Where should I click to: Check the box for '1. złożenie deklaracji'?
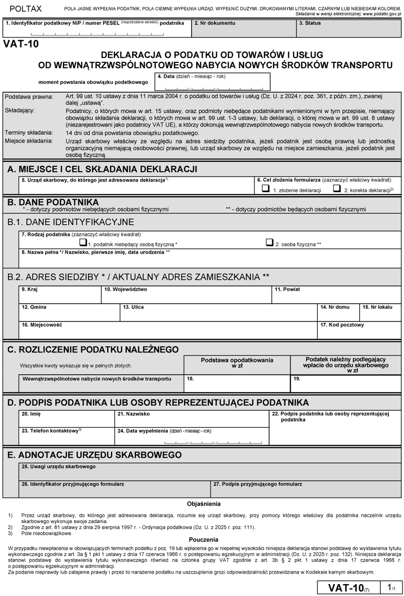coord(266,189)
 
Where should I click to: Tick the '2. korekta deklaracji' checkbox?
coord(337,189)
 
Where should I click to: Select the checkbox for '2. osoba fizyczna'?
coord(269,243)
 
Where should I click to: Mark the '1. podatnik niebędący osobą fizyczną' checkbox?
coord(83,243)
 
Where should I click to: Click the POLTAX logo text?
coord(25,9)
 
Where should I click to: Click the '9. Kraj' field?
coord(59,297)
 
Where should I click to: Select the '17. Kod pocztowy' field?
coord(359,332)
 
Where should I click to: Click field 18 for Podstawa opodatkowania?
coord(236,384)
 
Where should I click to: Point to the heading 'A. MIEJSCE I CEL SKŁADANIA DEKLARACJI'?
coord(102,169)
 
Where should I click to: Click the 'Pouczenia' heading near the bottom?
coord(203,539)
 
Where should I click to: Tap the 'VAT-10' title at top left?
coord(20,43)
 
